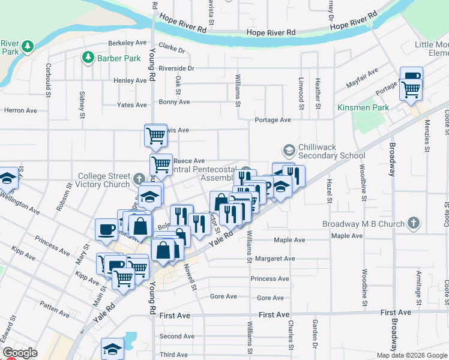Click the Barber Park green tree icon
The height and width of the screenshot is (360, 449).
coord(88,58)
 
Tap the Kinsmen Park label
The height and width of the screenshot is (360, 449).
coord(363,107)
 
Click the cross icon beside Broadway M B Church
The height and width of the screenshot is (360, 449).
coord(412,223)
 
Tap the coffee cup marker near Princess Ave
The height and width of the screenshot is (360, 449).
coord(107,229)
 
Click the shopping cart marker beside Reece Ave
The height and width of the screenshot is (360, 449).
coord(161,163)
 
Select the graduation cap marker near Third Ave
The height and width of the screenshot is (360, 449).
coord(112,349)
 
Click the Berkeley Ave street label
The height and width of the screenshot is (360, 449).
coord(127,43)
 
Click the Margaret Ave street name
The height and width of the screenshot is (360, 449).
coord(274,259)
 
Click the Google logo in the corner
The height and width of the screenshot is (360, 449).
coord(20,353)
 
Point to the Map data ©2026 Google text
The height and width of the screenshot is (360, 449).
coord(412,355)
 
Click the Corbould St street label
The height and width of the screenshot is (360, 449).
coord(48,77)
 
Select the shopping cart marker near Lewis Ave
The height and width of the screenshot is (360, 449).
coord(155,135)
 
